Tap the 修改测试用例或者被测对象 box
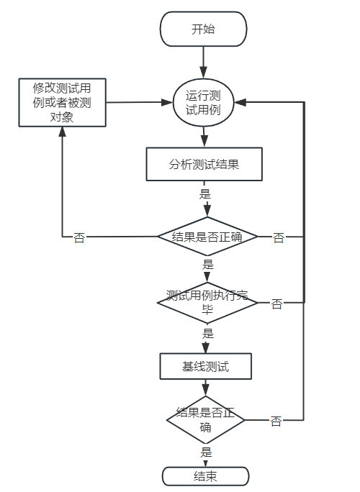click(62, 103)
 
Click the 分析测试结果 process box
click(204, 165)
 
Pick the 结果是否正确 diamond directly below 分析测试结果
click(207, 237)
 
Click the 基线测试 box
click(205, 366)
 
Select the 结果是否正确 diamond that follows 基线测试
click(206, 420)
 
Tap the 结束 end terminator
click(205, 476)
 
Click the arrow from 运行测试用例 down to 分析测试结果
click(204, 137)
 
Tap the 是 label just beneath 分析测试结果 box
click(204, 193)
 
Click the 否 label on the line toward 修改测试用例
click(79, 238)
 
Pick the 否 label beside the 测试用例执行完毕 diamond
click(276, 304)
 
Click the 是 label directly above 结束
click(207, 453)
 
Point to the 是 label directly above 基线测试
click(208, 334)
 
